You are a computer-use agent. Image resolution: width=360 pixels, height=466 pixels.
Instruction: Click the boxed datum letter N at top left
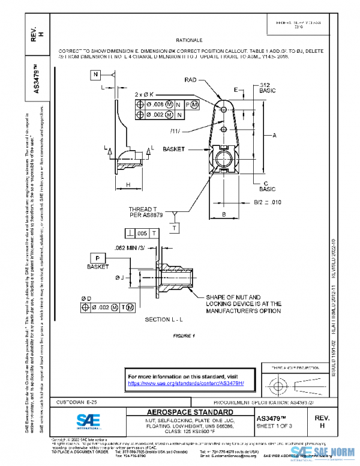(x=96, y=74)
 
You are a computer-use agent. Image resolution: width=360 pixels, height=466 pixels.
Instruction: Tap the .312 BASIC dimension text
(x=268, y=89)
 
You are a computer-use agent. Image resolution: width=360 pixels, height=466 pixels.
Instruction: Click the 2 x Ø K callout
(x=144, y=94)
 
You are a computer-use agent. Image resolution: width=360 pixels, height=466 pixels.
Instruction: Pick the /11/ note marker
(x=176, y=130)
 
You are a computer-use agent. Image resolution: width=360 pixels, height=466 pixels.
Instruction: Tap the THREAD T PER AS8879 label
(x=146, y=213)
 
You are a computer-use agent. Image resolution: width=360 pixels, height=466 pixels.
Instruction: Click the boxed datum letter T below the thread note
(x=175, y=228)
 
